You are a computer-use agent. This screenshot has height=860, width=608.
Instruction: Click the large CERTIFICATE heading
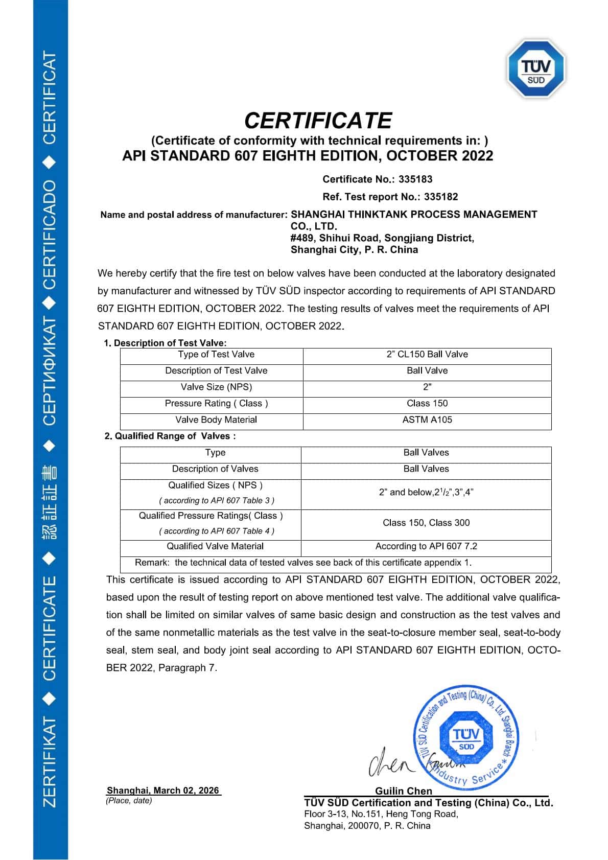pyautogui.click(x=318, y=121)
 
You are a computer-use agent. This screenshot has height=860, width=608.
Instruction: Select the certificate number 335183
pyautogui.click(x=415, y=179)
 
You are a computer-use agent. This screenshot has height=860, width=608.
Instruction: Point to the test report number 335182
pyautogui.click(x=441, y=197)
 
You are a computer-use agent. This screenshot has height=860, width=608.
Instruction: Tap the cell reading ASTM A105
pyautogui.click(x=427, y=420)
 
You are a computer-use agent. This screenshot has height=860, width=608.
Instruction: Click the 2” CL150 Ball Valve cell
pyautogui.click(x=427, y=354)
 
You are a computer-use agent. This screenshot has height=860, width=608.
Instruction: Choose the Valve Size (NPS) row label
pyautogui.click(x=216, y=387)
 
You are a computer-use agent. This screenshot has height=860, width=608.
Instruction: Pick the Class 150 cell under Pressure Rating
pyautogui.click(x=427, y=403)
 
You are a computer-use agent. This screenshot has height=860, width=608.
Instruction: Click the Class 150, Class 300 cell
pyautogui.click(x=426, y=523)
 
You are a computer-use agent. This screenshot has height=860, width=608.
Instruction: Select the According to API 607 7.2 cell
pyautogui.click(x=426, y=546)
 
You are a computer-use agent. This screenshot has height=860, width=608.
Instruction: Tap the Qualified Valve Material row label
pyautogui.click(x=215, y=546)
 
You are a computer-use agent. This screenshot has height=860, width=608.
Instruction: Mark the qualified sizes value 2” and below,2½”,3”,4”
pyautogui.click(x=426, y=492)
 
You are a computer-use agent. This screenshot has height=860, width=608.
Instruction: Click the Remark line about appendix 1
pyautogui.click(x=303, y=563)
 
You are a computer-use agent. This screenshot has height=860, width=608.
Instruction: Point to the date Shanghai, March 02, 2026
pyautogui.click(x=163, y=791)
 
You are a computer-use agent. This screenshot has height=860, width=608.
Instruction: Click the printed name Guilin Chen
pyautogui.click(x=404, y=791)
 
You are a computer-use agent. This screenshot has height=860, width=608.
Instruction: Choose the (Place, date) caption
pyautogui.click(x=129, y=801)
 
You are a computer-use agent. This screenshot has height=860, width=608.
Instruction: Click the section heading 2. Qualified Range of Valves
pyautogui.click(x=170, y=436)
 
